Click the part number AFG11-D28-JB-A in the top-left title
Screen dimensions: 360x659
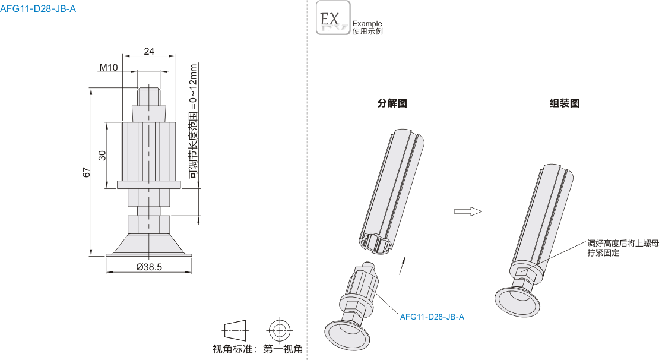38,9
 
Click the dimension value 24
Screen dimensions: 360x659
149,52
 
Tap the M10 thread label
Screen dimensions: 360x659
108,68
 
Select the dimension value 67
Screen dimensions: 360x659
86,173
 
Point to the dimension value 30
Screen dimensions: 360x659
102,155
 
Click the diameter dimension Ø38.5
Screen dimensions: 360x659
149,267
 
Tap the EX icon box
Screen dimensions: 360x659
333,18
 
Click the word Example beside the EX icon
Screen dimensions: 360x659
367,24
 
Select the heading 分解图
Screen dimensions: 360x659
392,103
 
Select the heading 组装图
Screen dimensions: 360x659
565,103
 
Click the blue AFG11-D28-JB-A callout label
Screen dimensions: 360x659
432,317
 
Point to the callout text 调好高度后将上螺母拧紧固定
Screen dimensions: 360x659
623,248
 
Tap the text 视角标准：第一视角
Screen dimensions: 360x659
258,349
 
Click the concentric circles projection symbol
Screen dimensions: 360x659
279,329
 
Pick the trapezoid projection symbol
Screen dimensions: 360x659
235,329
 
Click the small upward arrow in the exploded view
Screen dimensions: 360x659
403,264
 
